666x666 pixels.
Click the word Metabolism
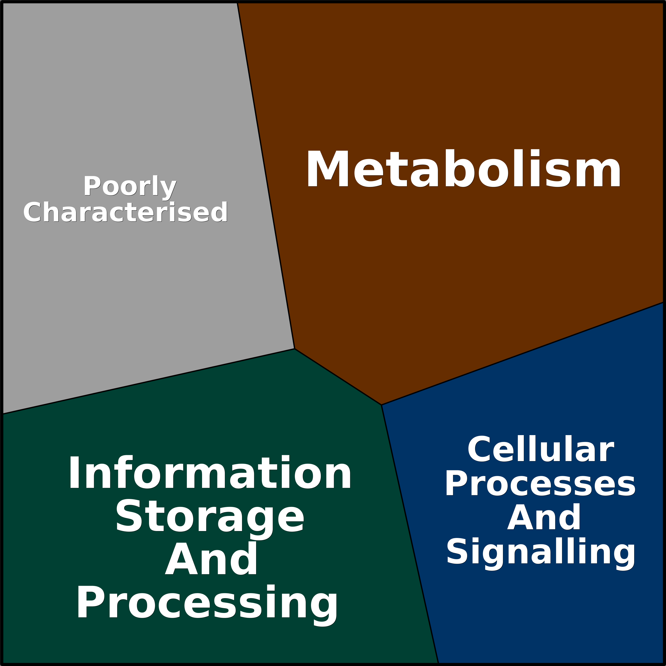point(463,169)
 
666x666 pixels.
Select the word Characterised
point(125,212)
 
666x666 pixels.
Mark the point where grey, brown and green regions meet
point(294,349)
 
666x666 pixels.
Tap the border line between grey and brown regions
point(266,176)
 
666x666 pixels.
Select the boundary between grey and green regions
point(148,381)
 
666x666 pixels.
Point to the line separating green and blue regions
point(410,534)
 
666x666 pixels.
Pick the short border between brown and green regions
point(338,377)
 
